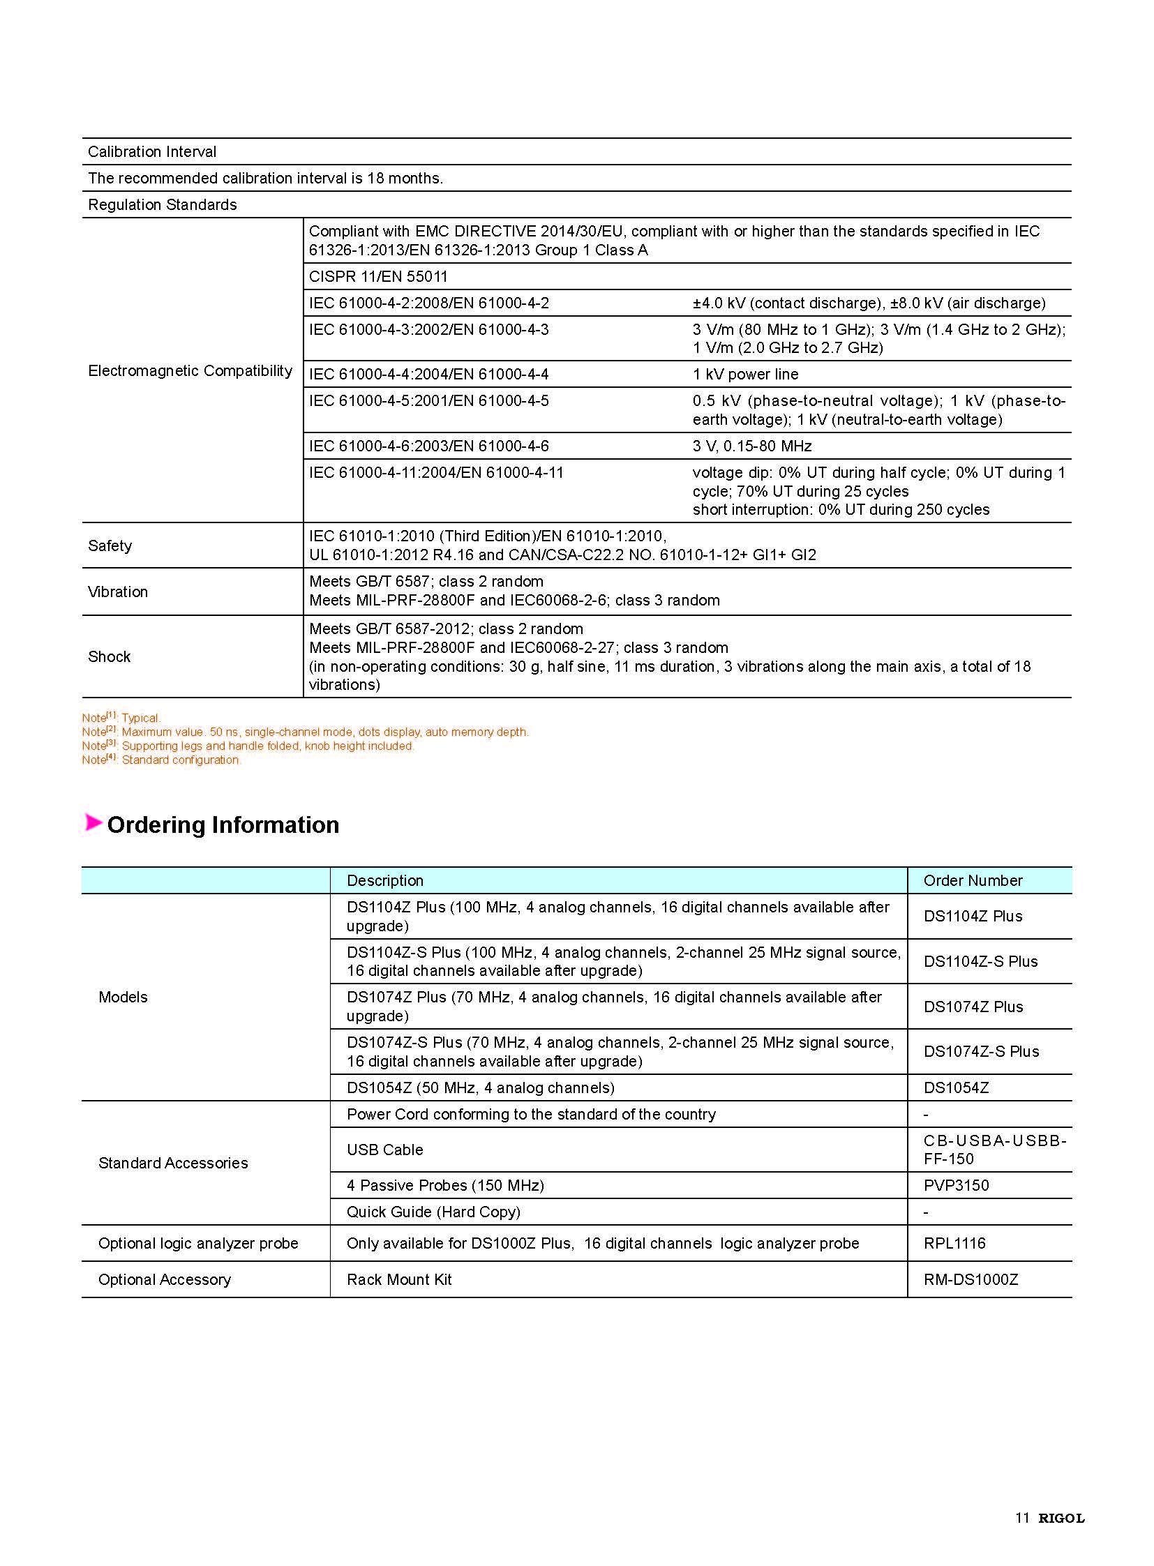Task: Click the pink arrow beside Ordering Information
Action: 93,823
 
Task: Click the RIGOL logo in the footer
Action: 1061,1518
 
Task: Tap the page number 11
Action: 1022,1518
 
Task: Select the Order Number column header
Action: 973,880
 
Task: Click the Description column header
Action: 385,880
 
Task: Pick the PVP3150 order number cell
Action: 956,1185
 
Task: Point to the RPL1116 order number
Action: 954,1243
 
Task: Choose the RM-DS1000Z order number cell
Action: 971,1279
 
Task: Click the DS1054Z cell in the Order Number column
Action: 956,1087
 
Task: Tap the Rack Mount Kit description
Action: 399,1279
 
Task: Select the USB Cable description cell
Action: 385,1150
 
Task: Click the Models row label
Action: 123,997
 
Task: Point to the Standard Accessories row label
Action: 173,1163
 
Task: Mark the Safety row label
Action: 110,545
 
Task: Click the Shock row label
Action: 109,656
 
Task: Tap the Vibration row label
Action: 117,592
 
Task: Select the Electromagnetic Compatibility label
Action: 190,370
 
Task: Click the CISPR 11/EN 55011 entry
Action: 378,277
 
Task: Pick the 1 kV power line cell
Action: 744,375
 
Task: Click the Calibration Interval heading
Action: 151,151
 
